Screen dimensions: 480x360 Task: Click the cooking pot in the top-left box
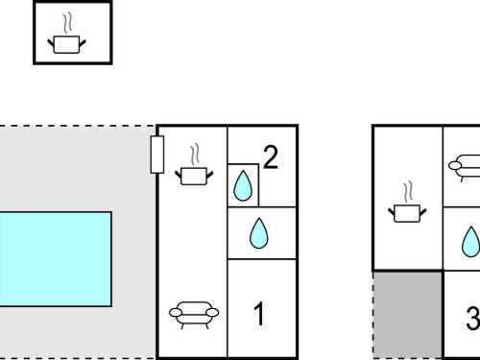66,45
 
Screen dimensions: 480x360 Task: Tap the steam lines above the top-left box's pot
67,23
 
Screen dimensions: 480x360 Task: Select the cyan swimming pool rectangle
56,259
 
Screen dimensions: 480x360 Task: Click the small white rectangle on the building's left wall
157,155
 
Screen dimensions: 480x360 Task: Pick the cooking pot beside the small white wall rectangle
194,177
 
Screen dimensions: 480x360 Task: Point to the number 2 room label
271,156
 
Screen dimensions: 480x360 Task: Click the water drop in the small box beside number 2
243,185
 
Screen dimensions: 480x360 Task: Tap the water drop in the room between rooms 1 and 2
259,233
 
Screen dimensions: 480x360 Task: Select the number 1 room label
259,314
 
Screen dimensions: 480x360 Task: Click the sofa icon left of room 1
194,315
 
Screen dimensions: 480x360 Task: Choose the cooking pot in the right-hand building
407,213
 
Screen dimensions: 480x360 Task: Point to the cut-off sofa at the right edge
465,168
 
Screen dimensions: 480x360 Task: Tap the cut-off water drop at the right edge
471,242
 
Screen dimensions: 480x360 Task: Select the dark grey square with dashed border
408,315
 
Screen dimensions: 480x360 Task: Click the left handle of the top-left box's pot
51,43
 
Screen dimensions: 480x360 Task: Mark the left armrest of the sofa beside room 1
176,312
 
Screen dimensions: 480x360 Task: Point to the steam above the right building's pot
408,192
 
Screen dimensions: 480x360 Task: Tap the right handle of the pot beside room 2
209,176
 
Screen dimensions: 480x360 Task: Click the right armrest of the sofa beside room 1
212,312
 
